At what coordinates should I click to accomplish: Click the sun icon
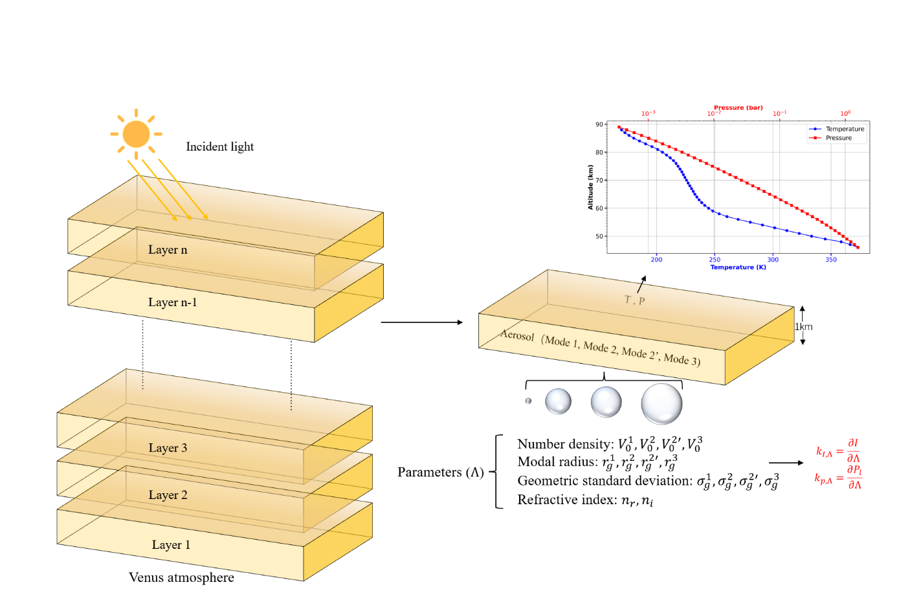(136, 134)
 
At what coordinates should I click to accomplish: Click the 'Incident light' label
(219, 147)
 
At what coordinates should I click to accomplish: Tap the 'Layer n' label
(168, 250)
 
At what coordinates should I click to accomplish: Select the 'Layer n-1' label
(172, 302)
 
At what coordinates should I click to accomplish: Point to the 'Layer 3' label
(168, 448)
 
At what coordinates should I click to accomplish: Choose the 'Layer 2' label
(168, 495)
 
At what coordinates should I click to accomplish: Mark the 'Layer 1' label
(171, 545)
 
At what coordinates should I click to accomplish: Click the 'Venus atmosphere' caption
(181, 577)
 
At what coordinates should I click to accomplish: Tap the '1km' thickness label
(804, 327)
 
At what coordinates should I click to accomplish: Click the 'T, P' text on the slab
(634, 300)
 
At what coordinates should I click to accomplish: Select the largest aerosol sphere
(662, 404)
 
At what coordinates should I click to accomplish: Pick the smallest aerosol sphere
(528, 401)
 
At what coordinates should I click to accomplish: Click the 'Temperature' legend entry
(845, 129)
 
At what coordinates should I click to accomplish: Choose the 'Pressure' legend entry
(839, 138)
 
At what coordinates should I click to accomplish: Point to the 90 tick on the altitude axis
(599, 124)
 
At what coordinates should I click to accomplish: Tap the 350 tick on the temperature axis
(831, 260)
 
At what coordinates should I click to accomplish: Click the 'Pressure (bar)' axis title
(738, 107)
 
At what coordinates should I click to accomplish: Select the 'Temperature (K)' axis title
(738, 267)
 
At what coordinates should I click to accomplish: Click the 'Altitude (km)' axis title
(590, 187)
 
